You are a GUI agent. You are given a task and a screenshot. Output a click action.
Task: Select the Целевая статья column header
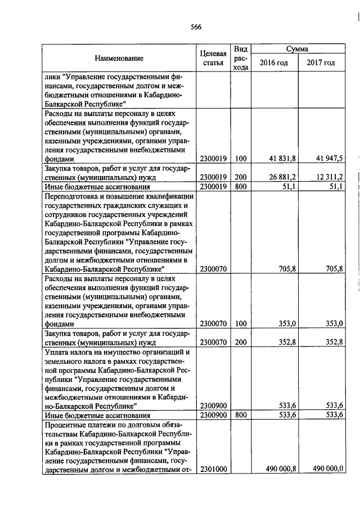point(213,58)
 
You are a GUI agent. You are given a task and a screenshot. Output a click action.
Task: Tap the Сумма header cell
point(296,49)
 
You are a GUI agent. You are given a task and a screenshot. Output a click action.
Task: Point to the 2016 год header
point(274,62)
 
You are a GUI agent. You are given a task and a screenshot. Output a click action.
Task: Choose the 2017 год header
point(321,62)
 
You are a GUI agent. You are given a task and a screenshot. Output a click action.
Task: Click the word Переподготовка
point(70,196)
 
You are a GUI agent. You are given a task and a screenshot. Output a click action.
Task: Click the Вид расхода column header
point(241,58)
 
